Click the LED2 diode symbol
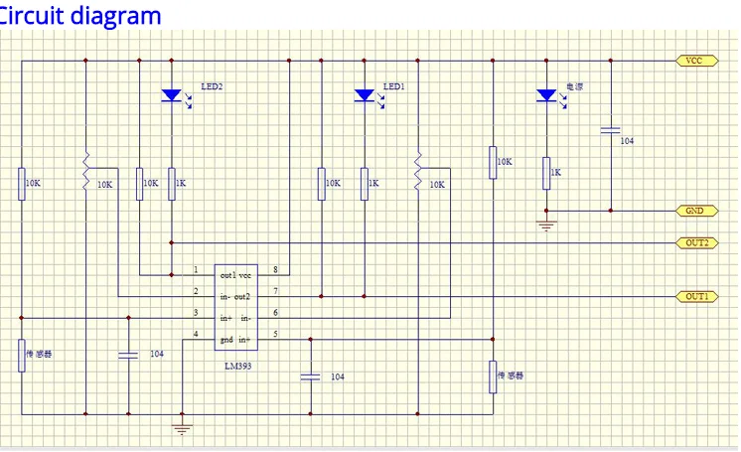point(172,95)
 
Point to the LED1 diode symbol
point(365,95)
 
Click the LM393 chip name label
point(242,366)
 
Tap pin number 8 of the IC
point(276,270)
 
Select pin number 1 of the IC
point(196,270)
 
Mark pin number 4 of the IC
point(196,334)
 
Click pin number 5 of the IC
point(276,334)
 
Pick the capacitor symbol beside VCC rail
point(610,130)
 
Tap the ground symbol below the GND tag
point(544,225)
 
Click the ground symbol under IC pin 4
point(183,427)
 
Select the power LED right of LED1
point(544,95)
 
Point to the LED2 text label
point(212,87)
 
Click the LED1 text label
point(394,87)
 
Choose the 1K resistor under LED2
point(172,183)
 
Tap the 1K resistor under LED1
point(365,183)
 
